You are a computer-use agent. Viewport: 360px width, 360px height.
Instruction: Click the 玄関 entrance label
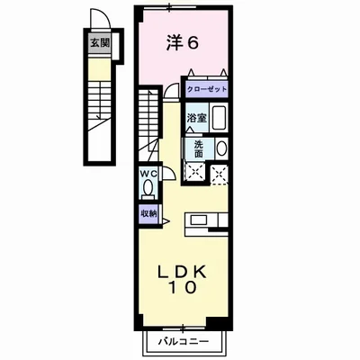(94, 41)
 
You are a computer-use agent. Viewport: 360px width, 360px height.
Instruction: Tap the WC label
(148, 175)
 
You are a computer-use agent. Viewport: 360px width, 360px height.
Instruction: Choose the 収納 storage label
(148, 213)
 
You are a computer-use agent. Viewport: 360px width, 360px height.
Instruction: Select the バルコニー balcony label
(184, 343)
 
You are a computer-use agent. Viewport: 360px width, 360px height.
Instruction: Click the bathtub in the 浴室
(217, 118)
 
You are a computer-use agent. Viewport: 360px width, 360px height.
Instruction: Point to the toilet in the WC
(149, 188)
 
